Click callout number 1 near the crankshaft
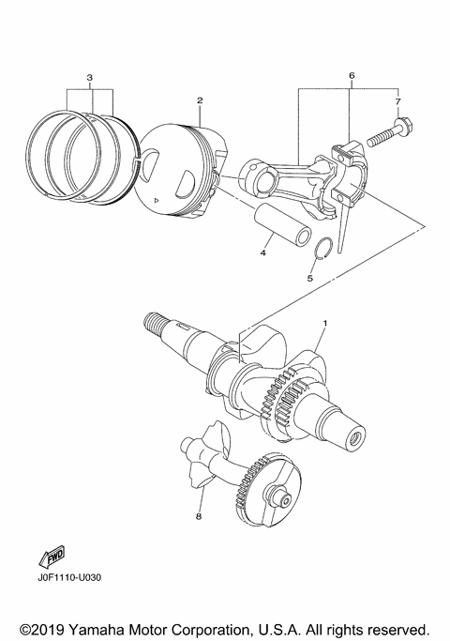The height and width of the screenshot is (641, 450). [x=325, y=349]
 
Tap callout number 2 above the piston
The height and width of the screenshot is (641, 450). [x=200, y=99]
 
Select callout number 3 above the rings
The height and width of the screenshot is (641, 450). [x=89, y=75]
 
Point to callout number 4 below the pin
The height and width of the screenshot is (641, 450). [x=264, y=252]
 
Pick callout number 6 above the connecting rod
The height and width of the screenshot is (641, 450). [x=351, y=74]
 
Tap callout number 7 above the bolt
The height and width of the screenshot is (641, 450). [x=397, y=99]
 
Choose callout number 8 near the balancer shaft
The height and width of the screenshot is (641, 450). [x=199, y=515]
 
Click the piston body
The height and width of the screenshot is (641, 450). [x=183, y=169]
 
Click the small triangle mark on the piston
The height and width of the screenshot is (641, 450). [x=157, y=201]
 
